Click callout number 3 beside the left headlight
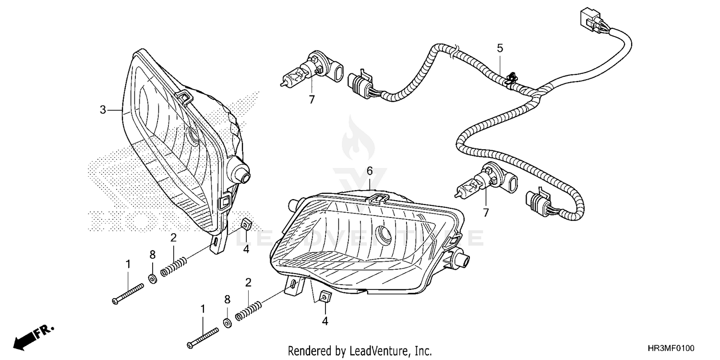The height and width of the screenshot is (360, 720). pos(103,110)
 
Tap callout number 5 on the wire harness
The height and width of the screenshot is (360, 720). pos(500,48)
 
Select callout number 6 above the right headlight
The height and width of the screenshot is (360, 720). pos(370,171)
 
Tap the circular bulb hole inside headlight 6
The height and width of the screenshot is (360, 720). pos(385,233)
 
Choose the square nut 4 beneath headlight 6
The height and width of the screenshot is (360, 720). pos(325,298)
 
